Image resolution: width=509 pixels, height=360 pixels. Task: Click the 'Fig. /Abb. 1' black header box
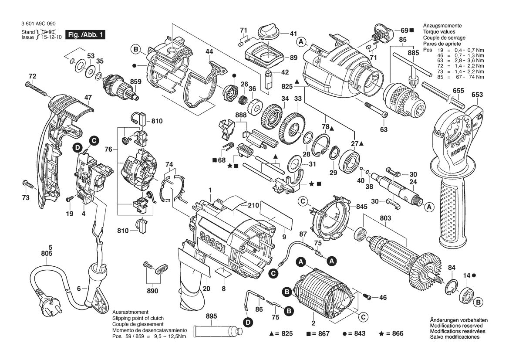coord(85,34)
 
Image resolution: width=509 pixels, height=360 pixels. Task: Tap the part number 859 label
coord(135,82)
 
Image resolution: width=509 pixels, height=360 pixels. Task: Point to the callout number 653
coord(477,95)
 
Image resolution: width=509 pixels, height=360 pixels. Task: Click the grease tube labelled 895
coord(218,332)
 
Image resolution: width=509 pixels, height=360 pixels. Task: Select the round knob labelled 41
coord(268,33)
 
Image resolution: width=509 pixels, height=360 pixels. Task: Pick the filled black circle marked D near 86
coord(248,323)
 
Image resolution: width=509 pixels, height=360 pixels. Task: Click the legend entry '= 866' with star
coord(391,333)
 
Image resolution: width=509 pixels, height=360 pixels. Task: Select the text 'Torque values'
coord(439,32)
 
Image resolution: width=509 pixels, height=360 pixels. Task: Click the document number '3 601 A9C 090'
coord(38,24)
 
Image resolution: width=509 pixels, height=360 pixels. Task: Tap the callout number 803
coord(385,218)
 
